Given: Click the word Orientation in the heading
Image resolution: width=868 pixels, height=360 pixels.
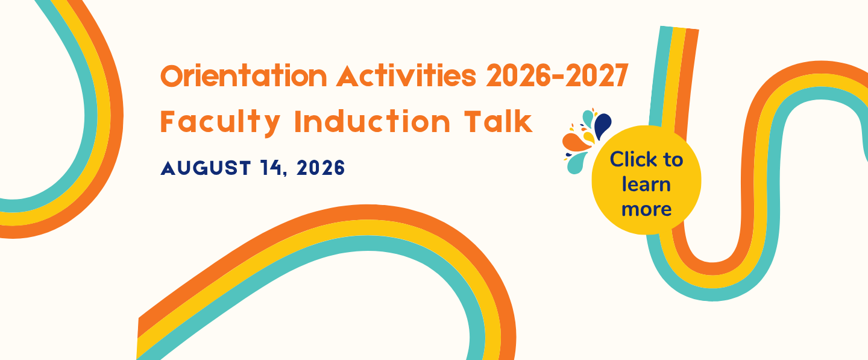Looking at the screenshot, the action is [x=244, y=75].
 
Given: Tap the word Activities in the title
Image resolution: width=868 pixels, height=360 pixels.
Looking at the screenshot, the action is [x=406, y=75].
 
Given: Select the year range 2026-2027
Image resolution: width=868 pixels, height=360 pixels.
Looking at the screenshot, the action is [x=557, y=75].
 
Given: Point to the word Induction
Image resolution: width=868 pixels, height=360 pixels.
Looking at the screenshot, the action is [x=372, y=121].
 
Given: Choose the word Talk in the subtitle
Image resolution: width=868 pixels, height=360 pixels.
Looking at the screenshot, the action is [x=498, y=121].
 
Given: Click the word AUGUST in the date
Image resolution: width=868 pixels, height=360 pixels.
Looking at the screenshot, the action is [x=206, y=168].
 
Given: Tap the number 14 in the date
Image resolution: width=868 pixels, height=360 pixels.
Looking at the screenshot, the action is [x=271, y=168].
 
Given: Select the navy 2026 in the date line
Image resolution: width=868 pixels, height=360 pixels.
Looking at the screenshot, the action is [x=321, y=168].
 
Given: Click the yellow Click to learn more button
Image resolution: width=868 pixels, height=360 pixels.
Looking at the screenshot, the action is [x=646, y=180].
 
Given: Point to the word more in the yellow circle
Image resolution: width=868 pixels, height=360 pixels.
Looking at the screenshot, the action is [x=646, y=209].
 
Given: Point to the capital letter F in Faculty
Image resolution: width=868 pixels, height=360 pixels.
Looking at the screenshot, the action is [x=168, y=122].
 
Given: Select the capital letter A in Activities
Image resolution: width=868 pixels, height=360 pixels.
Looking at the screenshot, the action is [x=348, y=76].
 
